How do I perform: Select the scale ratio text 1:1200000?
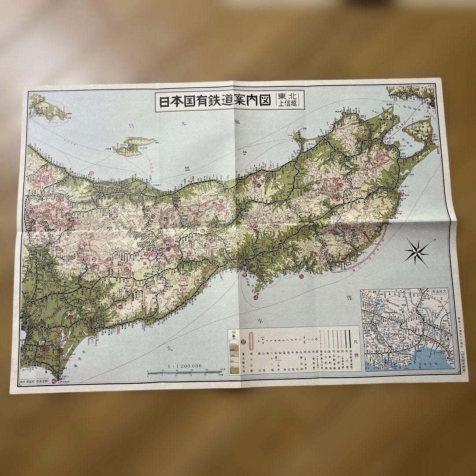tap(185, 365)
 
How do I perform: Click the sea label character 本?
tap(184, 124)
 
